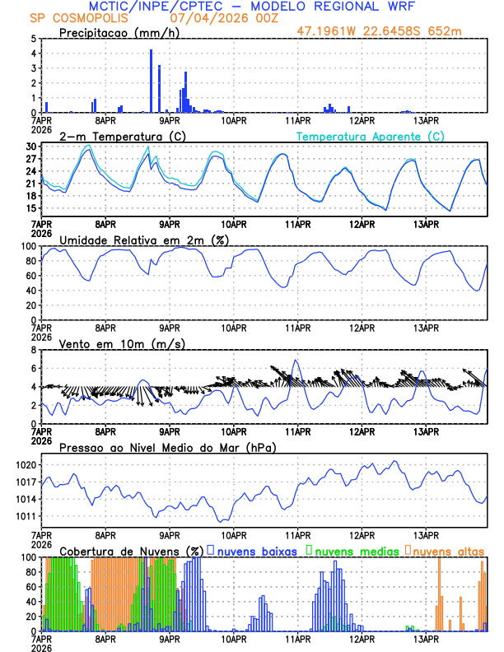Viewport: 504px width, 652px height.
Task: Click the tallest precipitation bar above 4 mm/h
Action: point(151,81)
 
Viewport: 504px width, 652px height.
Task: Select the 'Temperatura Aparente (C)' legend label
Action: point(370,136)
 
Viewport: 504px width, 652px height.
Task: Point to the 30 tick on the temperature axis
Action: point(30,147)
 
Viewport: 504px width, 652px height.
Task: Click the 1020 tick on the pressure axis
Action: point(26,465)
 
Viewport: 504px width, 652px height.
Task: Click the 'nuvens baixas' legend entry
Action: point(256,550)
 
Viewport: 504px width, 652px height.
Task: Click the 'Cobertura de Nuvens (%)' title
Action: point(132,550)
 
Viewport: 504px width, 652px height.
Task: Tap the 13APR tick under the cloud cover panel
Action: point(426,638)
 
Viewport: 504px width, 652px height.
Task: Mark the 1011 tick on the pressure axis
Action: point(26,516)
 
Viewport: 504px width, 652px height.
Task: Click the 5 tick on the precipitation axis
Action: point(33,39)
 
